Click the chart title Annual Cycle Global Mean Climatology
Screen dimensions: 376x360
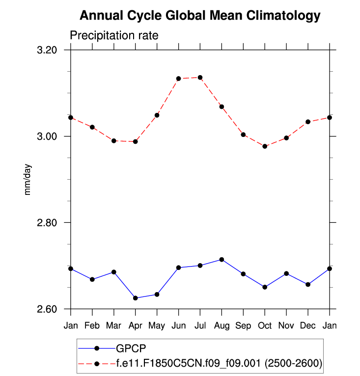[199, 16]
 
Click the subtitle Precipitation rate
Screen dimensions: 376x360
[113, 36]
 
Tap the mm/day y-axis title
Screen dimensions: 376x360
[28, 180]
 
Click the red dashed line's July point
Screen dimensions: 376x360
[200, 78]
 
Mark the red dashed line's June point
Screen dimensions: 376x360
[179, 79]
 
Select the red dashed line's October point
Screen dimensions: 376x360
[265, 146]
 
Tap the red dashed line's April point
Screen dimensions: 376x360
[136, 142]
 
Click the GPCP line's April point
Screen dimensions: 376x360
[136, 298]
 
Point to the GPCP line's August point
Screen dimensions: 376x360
[222, 259]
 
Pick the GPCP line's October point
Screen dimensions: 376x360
[265, 287]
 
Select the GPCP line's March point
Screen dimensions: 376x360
[114, 272]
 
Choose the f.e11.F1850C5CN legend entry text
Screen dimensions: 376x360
[219, 363]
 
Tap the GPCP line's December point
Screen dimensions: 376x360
[308, 285]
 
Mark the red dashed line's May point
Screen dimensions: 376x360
[157, 115]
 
